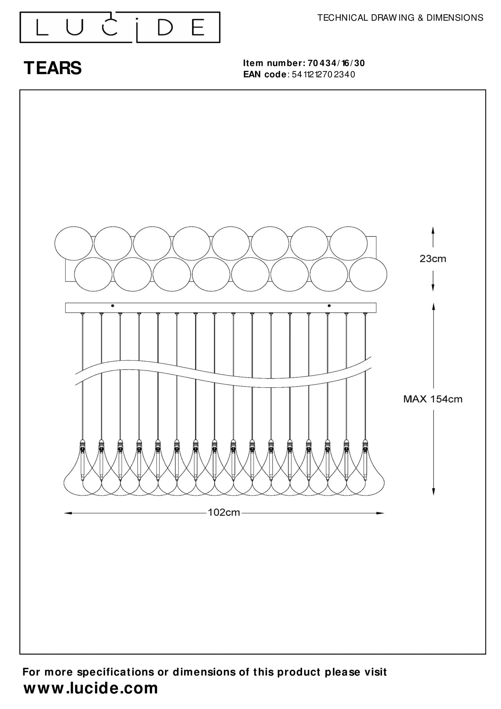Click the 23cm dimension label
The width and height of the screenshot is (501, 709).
tap(433, 259)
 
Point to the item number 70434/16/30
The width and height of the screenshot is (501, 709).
tap(336, 63)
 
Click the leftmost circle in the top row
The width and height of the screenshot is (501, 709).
tap(74, 243)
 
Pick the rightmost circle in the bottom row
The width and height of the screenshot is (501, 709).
tap(368, 274)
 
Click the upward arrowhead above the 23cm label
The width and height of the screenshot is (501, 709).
tap(433, 231)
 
